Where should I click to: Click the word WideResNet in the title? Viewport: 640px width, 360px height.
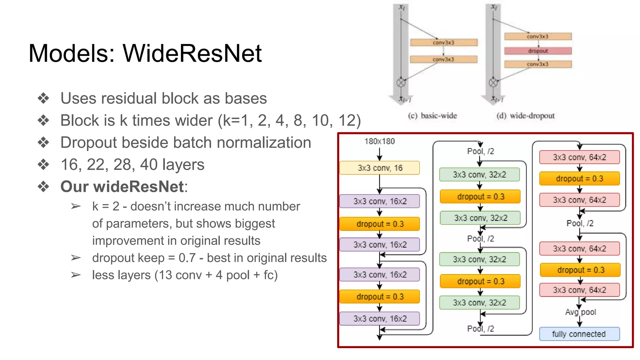click(192, 53)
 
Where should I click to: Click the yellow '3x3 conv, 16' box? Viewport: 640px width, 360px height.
click(379, 168)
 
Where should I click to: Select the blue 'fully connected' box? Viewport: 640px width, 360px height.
click(579, 334)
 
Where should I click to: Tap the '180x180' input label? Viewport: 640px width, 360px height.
click(379, 141)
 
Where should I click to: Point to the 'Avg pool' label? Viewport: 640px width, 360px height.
click(580, 312)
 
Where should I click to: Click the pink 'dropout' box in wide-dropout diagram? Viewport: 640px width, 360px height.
click(538, 51)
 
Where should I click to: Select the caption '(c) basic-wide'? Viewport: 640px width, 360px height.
click(432, 116)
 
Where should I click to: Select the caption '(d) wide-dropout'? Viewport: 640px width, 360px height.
click(525, 116)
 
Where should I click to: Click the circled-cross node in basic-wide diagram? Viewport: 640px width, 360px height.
click(401, 83)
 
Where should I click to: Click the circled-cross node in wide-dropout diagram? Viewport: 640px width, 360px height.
click(493, 83)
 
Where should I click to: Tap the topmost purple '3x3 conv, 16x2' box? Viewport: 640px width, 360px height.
click(379, 201)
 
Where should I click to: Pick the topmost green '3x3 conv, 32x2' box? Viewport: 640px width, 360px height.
click(479, 174)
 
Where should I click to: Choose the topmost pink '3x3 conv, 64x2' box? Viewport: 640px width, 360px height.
click(579, 157)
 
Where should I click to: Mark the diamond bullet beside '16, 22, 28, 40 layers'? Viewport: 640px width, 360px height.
click(43, 164)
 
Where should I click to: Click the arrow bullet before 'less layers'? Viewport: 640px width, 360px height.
click(76, 275)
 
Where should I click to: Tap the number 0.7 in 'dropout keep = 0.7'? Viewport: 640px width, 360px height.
click(187, 258)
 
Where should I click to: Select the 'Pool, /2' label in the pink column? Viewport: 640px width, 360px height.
click(580, 223)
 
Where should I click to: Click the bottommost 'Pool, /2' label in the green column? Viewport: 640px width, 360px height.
click(480, 328)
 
